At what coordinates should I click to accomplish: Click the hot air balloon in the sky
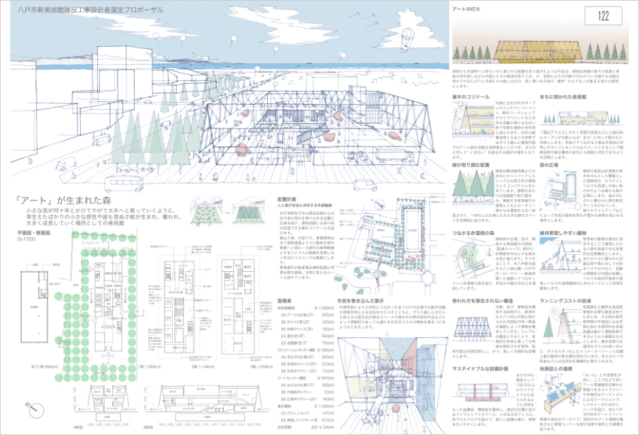pyautogui.click(x=406, y=33)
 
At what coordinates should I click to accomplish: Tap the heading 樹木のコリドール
pyautogui.click(x=470, y=97)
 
